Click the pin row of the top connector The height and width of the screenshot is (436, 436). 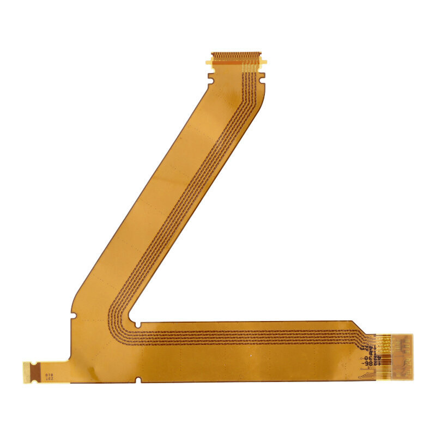[235, 56]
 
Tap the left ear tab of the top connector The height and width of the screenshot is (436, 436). [209, 62]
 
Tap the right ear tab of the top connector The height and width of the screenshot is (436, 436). [264, 62]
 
